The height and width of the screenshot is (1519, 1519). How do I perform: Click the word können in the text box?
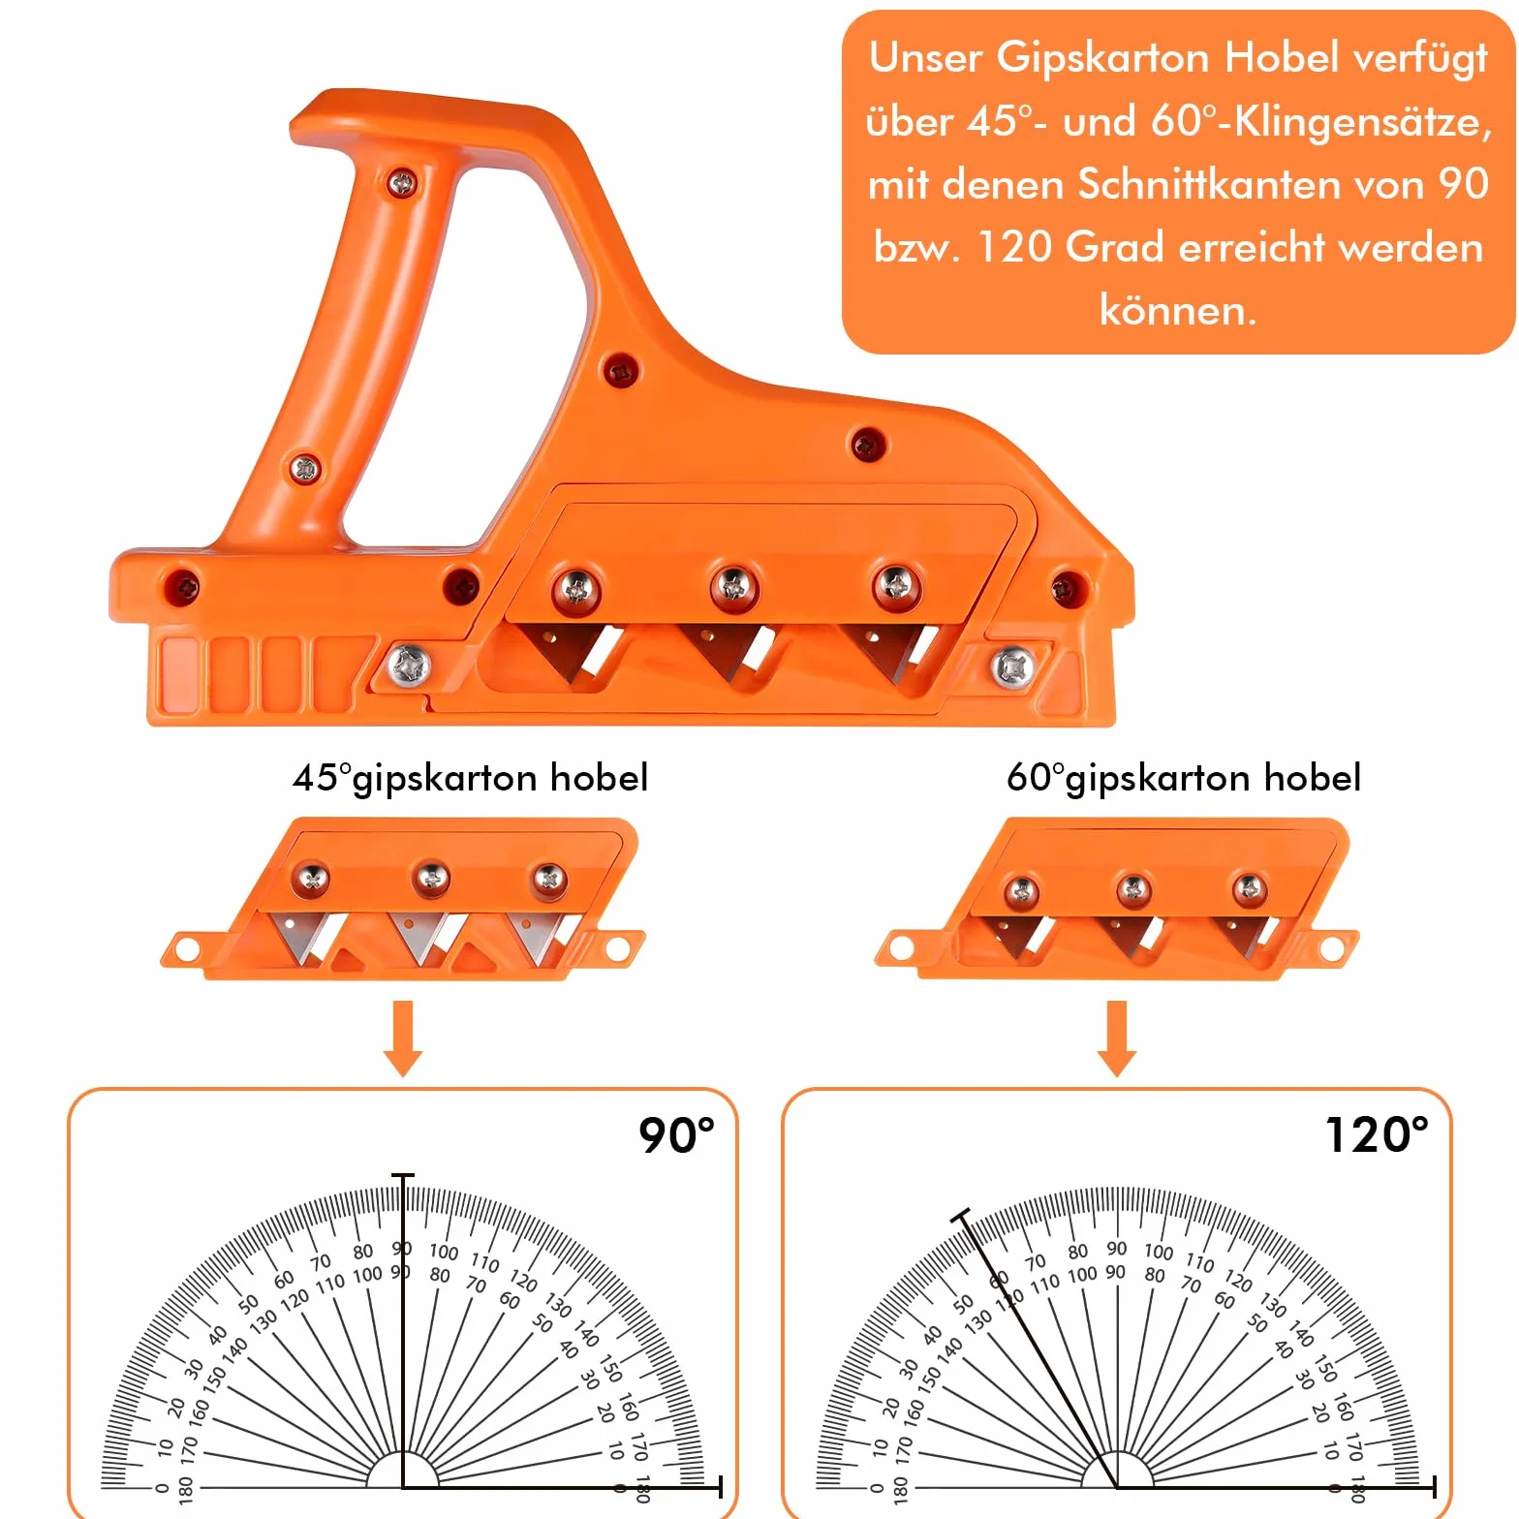click(1178, 310)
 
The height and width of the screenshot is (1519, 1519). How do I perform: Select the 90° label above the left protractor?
click(676, 1134)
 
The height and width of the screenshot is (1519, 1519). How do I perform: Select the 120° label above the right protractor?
click(1377, 1134)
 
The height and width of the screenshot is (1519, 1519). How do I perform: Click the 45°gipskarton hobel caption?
click(471, 778)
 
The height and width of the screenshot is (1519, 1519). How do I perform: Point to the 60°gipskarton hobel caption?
click(1184, 778)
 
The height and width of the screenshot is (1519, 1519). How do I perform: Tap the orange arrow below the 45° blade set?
click(403, 1038)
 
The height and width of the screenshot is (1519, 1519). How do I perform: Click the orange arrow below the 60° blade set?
click(1117, 1038)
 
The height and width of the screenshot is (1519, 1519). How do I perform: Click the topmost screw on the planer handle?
click(402, 181)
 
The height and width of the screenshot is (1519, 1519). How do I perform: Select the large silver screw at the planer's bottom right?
click(1012, 666)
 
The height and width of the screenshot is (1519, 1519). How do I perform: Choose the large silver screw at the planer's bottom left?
click(409, 666)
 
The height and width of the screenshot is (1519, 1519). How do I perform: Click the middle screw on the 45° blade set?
click(431, 878)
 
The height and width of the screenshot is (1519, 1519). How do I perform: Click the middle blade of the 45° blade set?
click(423, 937)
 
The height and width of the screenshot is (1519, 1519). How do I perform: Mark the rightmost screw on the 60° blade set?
click(1249, 887)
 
